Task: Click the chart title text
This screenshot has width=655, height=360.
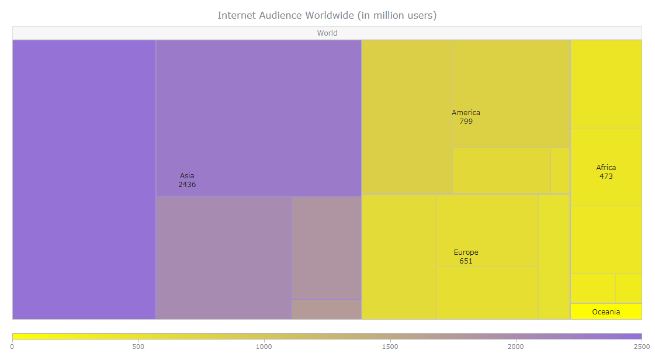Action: [327, 15]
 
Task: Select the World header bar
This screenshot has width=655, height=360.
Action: [327, 33]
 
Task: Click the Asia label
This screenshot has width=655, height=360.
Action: [187, 175]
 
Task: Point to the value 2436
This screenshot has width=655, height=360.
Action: [187, 185]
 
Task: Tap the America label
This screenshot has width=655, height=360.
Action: [466, 113]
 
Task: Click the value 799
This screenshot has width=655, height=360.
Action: [466, 122]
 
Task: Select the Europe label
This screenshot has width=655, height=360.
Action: [466, 252]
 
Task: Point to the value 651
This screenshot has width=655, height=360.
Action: [466, 261]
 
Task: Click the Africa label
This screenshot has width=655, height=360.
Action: [606, 168]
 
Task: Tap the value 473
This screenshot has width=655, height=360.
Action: [606, 176]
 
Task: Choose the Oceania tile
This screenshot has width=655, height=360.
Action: [606, 311]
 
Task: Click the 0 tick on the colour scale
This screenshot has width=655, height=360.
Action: [12, 347]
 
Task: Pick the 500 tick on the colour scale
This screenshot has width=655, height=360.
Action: [138, 347]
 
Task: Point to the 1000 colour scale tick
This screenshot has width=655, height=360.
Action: [264, 347]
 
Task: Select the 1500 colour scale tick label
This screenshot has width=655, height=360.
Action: [390, 347]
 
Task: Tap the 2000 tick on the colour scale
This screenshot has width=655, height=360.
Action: [516, 347]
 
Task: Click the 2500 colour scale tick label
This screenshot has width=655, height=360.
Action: [642, 347]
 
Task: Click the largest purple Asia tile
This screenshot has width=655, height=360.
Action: [84, 179]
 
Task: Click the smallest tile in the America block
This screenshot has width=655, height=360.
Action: [560, 170]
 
